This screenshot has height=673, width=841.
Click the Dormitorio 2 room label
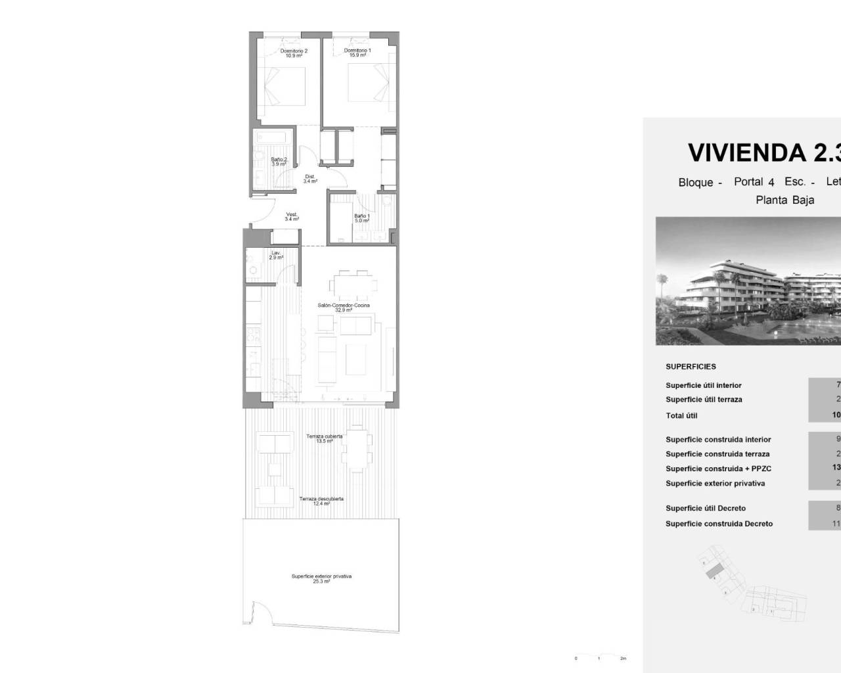coord(294,53)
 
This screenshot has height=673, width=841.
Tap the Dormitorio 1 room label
coord(357,53)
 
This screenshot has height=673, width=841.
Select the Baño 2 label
coord(279,162)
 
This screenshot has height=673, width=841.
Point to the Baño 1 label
coord(362,218)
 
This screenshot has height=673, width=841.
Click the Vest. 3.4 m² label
coord(292,217)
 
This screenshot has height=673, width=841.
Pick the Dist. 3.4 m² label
coord(310,179)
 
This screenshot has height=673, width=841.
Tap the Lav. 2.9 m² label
coord(276,255)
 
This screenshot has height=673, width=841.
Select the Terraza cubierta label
coord(324,438)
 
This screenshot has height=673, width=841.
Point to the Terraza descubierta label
coord(321,501)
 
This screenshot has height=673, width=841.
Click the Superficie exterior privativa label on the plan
coord(321,578)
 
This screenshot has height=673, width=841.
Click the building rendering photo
coord(748,281)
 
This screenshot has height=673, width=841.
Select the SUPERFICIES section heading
coord(691,367)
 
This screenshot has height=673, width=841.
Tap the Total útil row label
coord(681,415)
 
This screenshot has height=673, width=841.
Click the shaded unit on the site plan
coord(714,570)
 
